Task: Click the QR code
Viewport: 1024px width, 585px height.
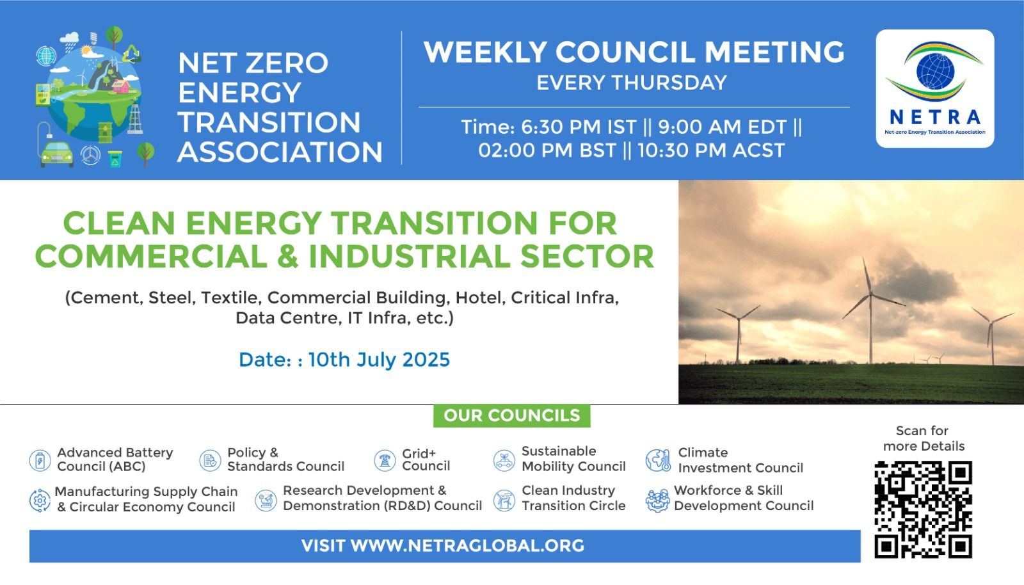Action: pyautogui.click(x=923, y=509)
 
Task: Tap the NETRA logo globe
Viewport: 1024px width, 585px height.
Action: pyautogui.click(x=935, y=71)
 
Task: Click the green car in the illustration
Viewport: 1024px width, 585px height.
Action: pyautogui.click(x=57, y=154)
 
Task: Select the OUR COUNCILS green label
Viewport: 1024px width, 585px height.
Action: pyautogui.click(x=511, y=415)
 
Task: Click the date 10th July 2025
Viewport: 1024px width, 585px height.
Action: pyautogui.click(x=379, y=360)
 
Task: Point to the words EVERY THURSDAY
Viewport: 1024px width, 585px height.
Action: pyautogui.click(x=631, y=83)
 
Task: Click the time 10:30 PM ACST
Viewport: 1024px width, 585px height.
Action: pyautogui.click(x=711, y=150)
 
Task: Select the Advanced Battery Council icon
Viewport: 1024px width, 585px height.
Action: pyautogui.click(x=40, y=460)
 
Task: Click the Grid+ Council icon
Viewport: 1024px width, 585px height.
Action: pyautogui.click(x=385, y=460)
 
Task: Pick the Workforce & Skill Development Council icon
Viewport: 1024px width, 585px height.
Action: pyautogui.click(x=658, y=501)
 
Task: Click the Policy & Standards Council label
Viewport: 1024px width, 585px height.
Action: pyautogui.click(x=285, y=460)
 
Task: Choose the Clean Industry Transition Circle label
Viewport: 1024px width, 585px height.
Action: pyautogui.click(x=573, y=498)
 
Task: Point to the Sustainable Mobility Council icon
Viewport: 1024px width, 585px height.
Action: pyautogui.click(x=504, y=460)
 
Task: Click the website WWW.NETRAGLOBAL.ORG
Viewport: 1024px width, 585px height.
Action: pyautogui.click(x=467, y=546)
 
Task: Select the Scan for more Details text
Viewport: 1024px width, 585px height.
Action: pyautogui.click(x=923, y=438)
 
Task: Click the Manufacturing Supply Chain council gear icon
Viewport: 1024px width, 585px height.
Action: pyautogui.click(x=40, y=501)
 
